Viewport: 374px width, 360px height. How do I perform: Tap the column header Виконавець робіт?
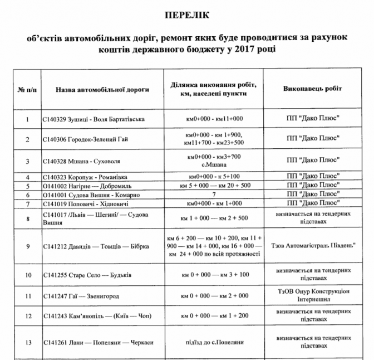click(x=312, y=89)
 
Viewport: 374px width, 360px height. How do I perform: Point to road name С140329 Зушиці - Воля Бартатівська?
click(x=86, y=119)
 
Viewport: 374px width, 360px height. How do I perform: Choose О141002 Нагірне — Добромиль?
click(x=84, y=185)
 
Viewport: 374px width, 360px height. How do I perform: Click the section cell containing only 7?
click(x=214, y=194)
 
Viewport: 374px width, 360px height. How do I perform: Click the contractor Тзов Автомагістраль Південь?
click(x=312, y=245)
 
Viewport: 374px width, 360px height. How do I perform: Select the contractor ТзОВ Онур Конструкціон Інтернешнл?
click(x=312, y=295)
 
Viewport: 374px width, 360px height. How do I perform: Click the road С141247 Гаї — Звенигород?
click(x=80, y=296)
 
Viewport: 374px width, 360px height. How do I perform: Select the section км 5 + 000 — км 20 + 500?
click(x=214, y=185)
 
